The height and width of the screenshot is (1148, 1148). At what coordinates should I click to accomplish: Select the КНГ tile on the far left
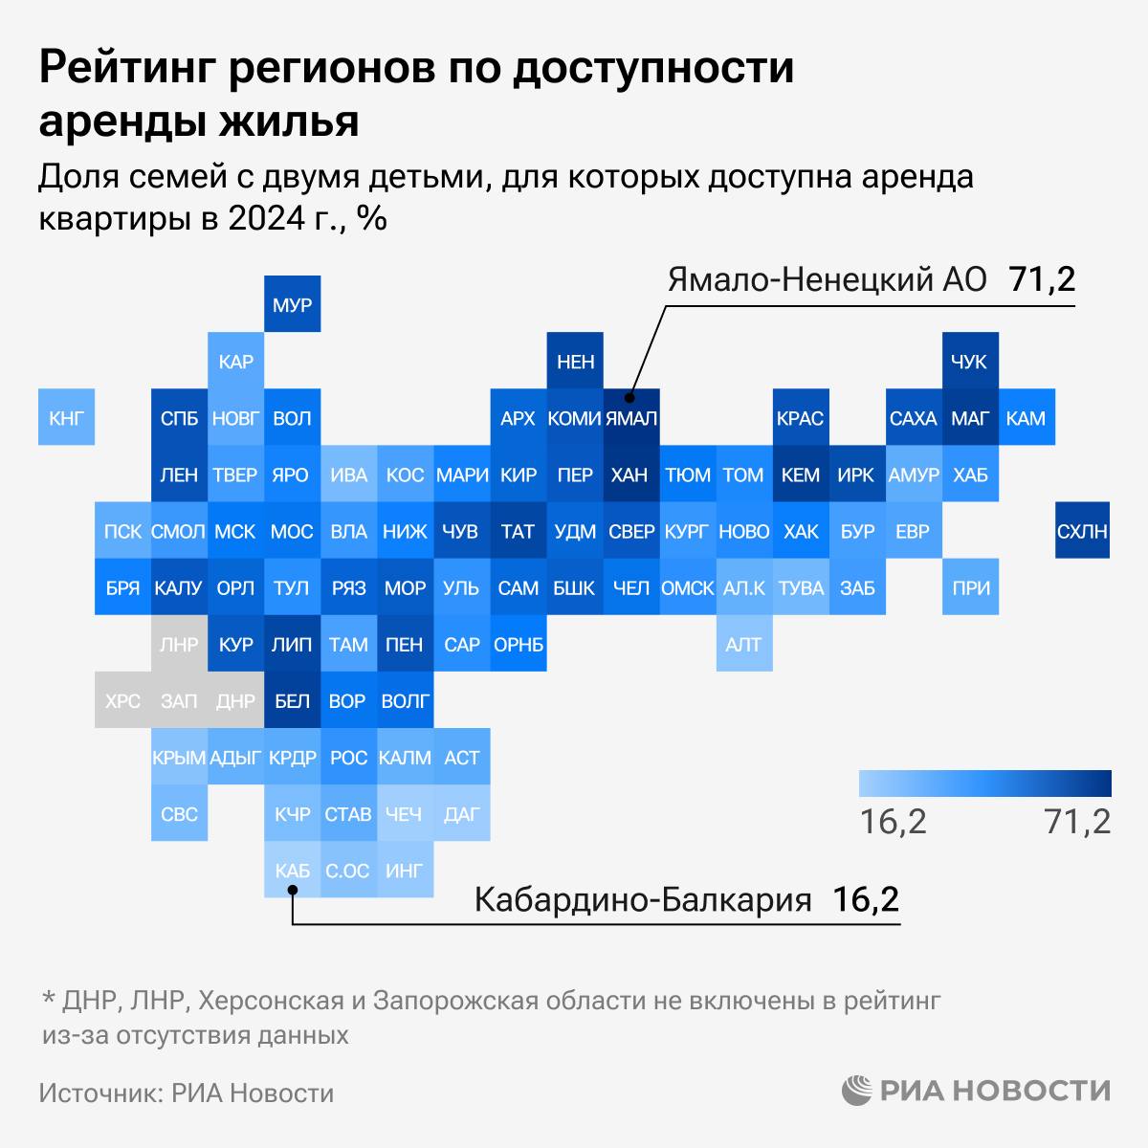[66, 418]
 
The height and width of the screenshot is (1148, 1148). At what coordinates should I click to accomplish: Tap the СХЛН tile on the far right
[1082, 531]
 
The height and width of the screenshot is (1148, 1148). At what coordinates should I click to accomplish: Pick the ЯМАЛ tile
[631, 418]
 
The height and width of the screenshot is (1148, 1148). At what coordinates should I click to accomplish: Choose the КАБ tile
[292, 871]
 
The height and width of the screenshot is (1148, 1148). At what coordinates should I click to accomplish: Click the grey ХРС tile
[122, 701]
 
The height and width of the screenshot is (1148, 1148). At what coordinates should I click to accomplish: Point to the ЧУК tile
[970, 362]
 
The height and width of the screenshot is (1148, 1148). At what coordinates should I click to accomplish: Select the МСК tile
[235, 531]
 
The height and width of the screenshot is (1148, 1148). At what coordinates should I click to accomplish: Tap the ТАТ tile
[518, 531]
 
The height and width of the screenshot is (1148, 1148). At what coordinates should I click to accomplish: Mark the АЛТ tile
[743, 644]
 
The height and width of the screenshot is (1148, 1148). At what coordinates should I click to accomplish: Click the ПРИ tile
[970, 588]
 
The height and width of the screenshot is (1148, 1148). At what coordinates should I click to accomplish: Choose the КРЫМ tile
[179, 758]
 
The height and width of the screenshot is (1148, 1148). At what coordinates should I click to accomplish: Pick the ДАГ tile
[461, 814]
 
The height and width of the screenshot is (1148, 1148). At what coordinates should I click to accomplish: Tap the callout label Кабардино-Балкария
[643, 900]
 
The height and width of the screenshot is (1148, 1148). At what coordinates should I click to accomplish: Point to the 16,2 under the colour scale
[893, 821]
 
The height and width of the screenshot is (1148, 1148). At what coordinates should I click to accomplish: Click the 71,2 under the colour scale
[1077, 821]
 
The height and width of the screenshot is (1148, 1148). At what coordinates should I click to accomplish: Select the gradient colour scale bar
[984, 784]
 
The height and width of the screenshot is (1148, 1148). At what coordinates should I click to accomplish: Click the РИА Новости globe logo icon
[856, 1091]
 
